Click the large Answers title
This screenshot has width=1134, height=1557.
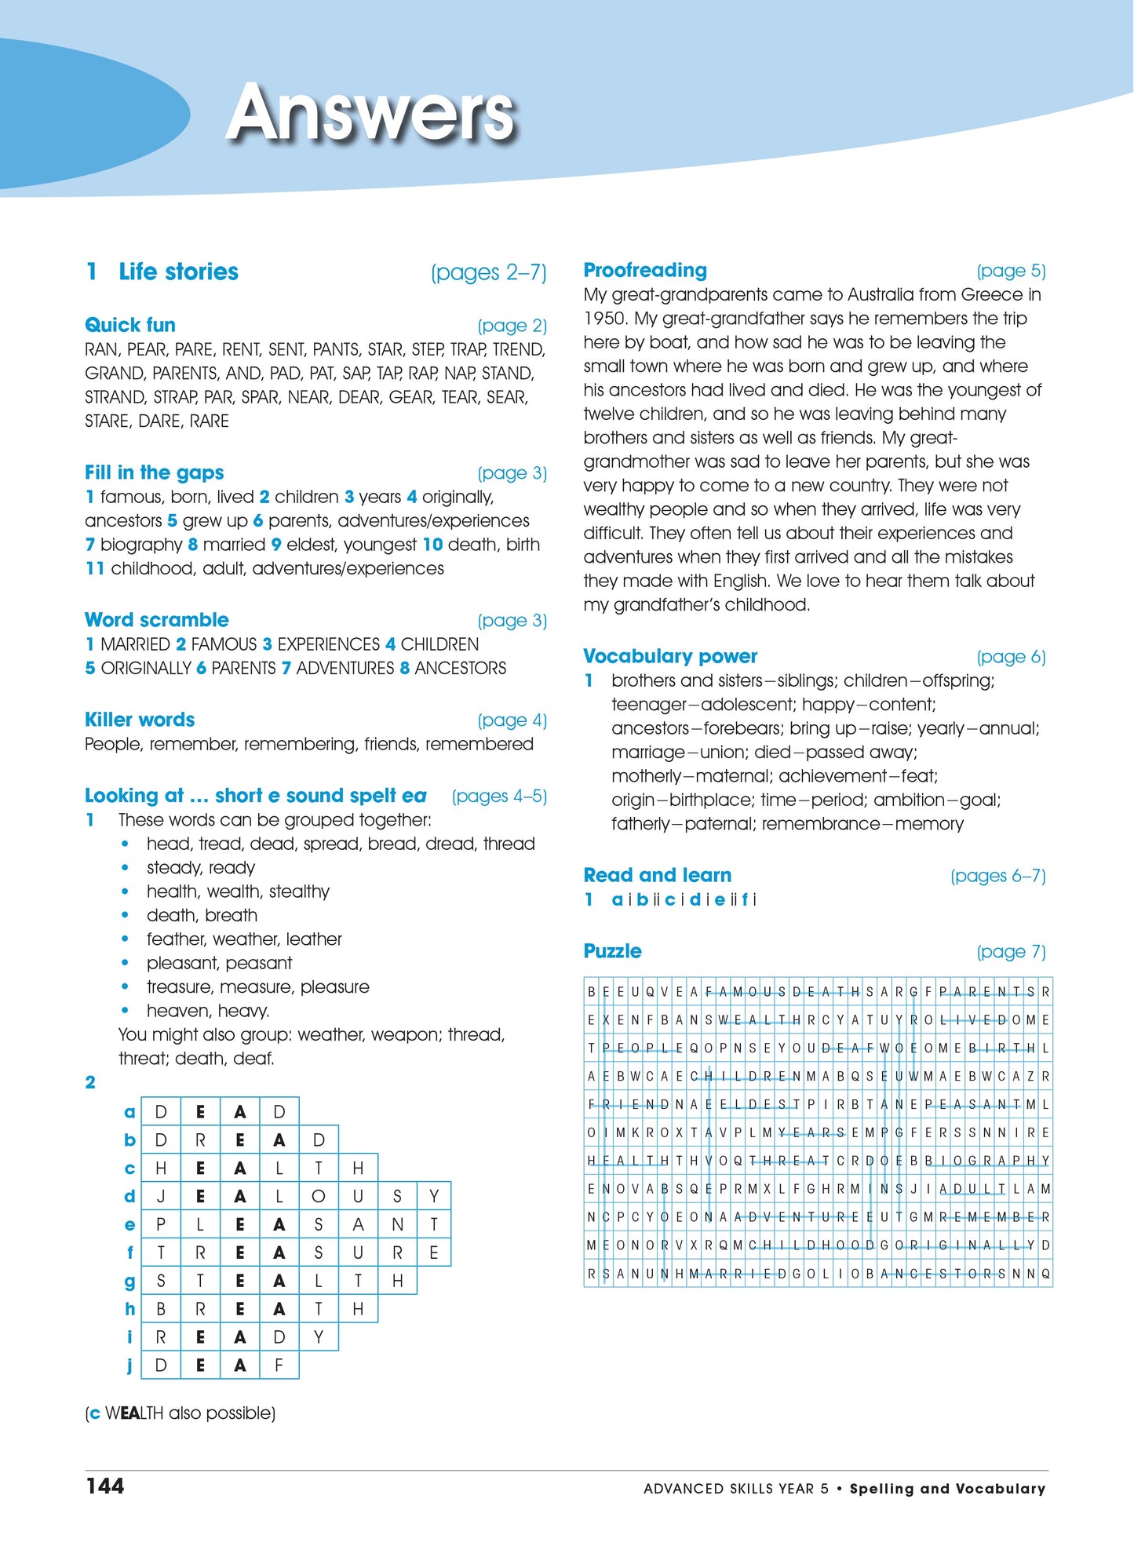370,115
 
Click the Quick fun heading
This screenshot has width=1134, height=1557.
130,325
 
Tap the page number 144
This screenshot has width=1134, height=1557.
105,1486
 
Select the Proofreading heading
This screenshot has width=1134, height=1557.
645,271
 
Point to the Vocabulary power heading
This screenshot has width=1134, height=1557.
670,656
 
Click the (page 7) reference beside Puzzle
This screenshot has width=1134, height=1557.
1011,952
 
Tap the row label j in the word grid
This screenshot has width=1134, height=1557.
129,1366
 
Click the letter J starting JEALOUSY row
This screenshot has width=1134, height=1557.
161,1197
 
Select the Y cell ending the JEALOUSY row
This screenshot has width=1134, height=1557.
434,1197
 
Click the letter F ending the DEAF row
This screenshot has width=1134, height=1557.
279,1366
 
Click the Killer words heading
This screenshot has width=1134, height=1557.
140,720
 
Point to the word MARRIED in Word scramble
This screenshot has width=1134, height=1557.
135,644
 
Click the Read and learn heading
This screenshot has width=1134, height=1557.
658,875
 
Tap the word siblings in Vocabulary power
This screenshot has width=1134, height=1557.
800,680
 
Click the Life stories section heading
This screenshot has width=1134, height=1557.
178,272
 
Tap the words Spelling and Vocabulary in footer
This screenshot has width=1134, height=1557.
947,1489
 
